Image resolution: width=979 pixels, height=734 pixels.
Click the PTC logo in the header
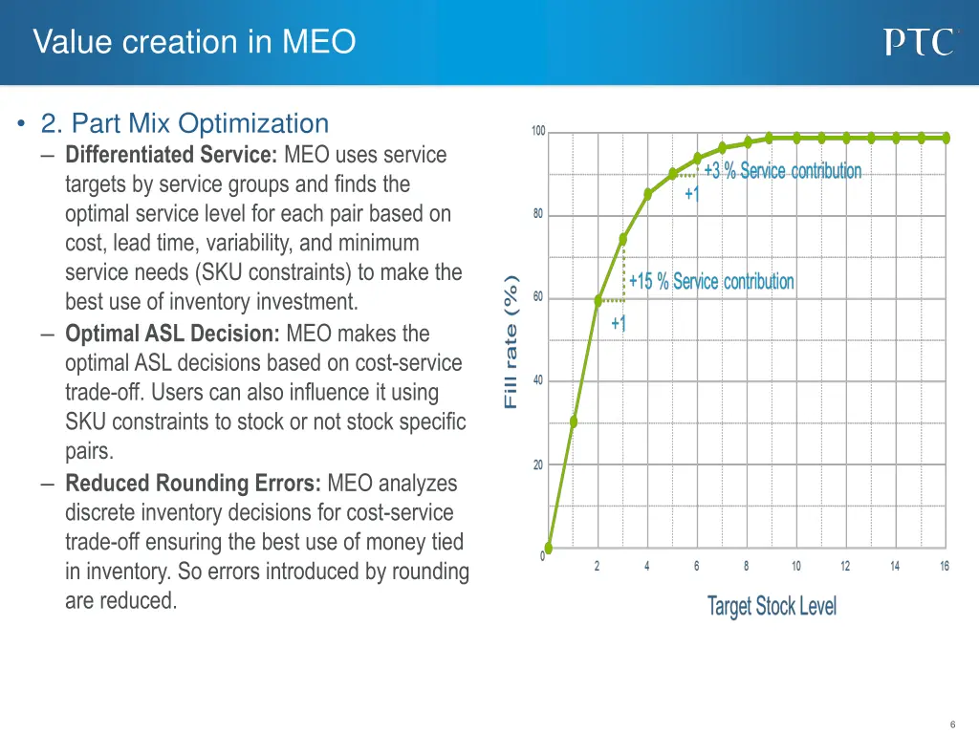919,42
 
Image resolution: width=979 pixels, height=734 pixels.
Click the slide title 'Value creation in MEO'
194,42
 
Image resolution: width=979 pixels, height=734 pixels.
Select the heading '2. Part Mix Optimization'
185,123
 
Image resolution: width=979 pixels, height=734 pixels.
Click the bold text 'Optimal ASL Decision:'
173,334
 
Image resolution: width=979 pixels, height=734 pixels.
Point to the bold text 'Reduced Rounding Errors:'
194,483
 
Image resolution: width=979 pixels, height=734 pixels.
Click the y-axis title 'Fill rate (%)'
511,341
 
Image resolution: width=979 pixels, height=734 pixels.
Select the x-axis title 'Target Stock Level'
772,606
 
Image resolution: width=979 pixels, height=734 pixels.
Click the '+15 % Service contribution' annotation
711,281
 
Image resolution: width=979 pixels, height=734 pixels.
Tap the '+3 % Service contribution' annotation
782,171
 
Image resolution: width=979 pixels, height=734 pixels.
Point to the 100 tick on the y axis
538,131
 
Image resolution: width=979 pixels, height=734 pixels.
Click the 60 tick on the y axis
538,297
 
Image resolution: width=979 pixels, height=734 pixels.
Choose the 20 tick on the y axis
538,465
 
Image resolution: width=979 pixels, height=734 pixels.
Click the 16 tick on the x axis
945,567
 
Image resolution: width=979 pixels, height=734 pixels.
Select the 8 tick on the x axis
746,567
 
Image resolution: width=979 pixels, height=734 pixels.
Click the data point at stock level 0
549,548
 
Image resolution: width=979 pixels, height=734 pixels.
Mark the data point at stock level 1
574,421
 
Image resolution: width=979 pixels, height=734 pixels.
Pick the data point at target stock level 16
946,138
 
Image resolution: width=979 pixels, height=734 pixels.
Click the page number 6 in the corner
953,724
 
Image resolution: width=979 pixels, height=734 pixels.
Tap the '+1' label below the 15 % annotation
619,323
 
